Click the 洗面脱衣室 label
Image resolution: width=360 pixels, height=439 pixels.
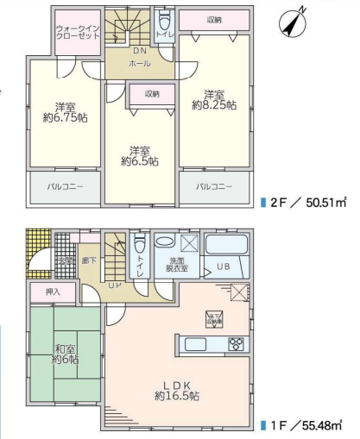[177, 265]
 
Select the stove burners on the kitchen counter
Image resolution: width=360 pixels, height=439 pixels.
[237, 344]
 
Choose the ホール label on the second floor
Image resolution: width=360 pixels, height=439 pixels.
[139, 64]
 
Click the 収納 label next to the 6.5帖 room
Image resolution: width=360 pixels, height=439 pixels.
[152, 94]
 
